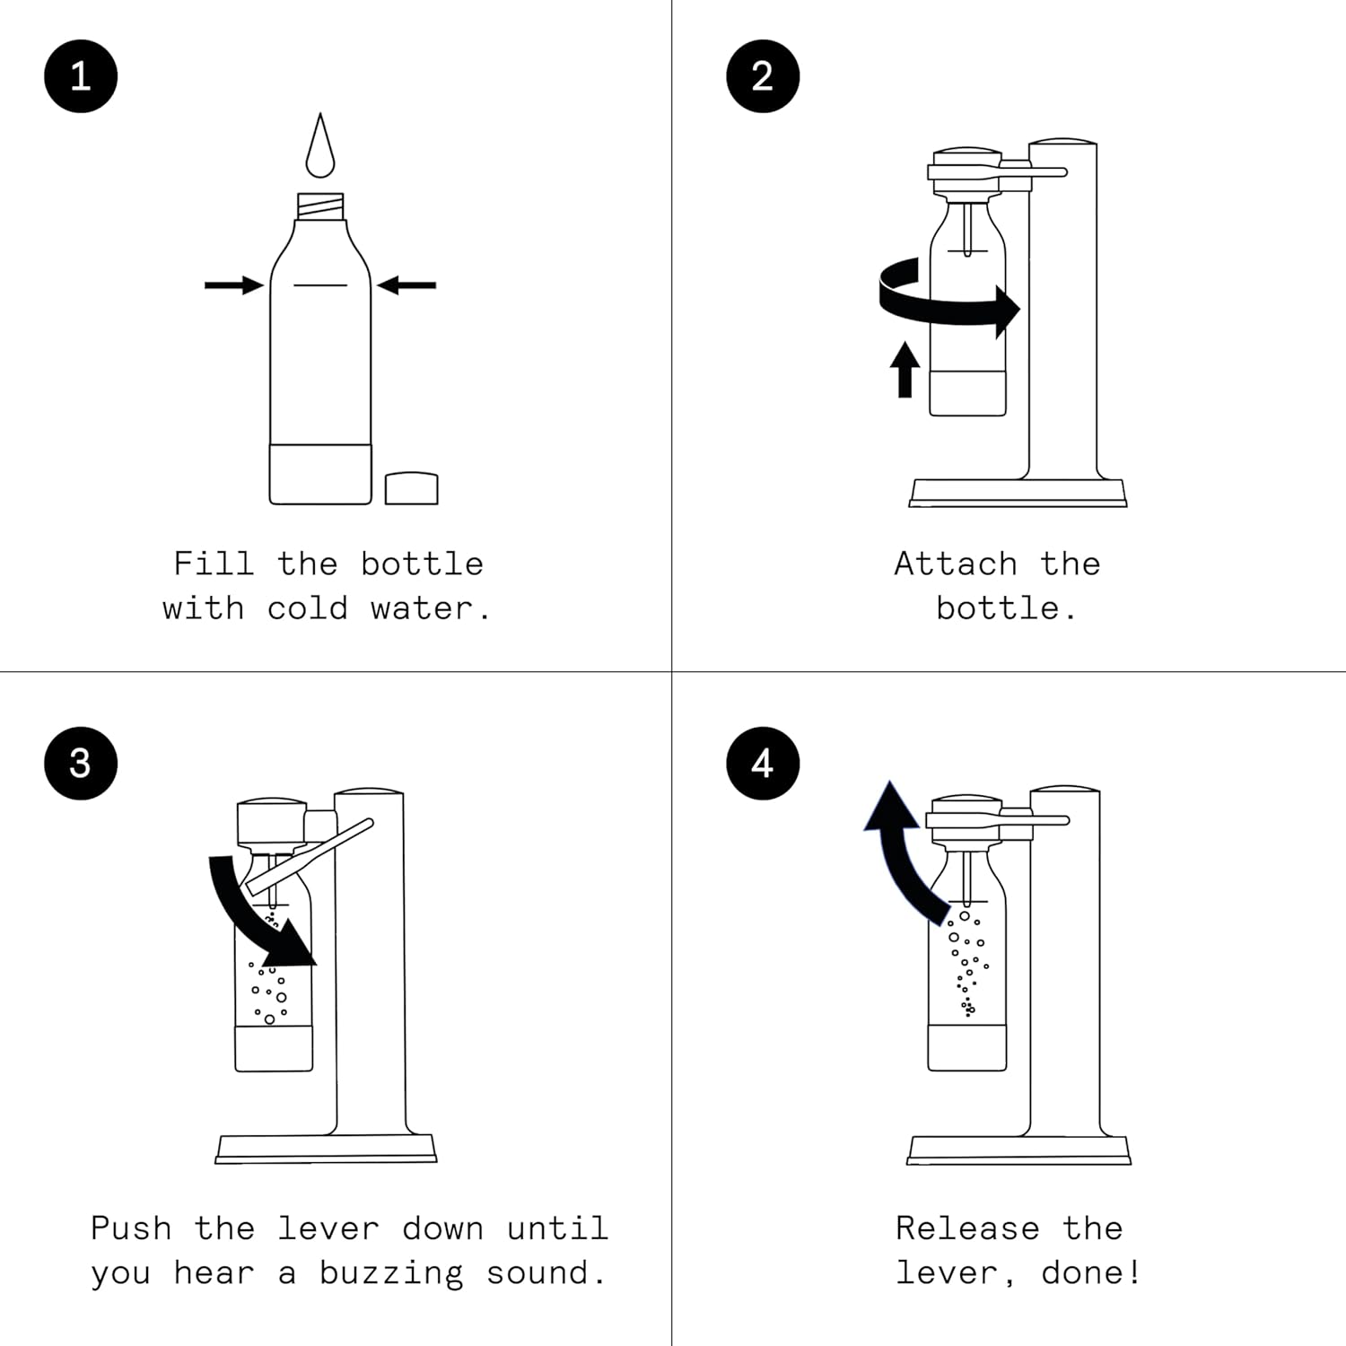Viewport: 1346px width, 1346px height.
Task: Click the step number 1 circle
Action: click(81, 76)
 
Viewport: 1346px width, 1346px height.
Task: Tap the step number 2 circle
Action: click(763, 76)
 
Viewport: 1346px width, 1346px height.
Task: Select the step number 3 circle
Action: click(81, 763)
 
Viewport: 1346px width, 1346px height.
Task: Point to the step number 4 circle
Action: click(763, 763)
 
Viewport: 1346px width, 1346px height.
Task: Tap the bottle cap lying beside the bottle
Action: click(412, 488)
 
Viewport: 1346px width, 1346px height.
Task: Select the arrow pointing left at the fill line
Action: click(407, 285)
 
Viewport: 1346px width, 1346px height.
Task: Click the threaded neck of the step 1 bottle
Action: click(320, 207)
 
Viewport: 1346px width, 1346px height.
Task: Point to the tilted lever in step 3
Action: click(310, 857)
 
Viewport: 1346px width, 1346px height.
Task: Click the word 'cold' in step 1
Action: click(307, 608)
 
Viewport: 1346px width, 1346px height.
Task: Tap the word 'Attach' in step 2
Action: click(956, 564)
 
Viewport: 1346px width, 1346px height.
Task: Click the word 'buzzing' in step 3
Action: click(391, 1273)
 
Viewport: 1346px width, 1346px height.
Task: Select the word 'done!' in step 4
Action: click(1091, 1272)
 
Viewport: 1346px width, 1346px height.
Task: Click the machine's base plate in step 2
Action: click(1018, 493)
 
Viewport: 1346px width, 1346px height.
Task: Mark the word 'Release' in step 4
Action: click(967, 1228)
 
